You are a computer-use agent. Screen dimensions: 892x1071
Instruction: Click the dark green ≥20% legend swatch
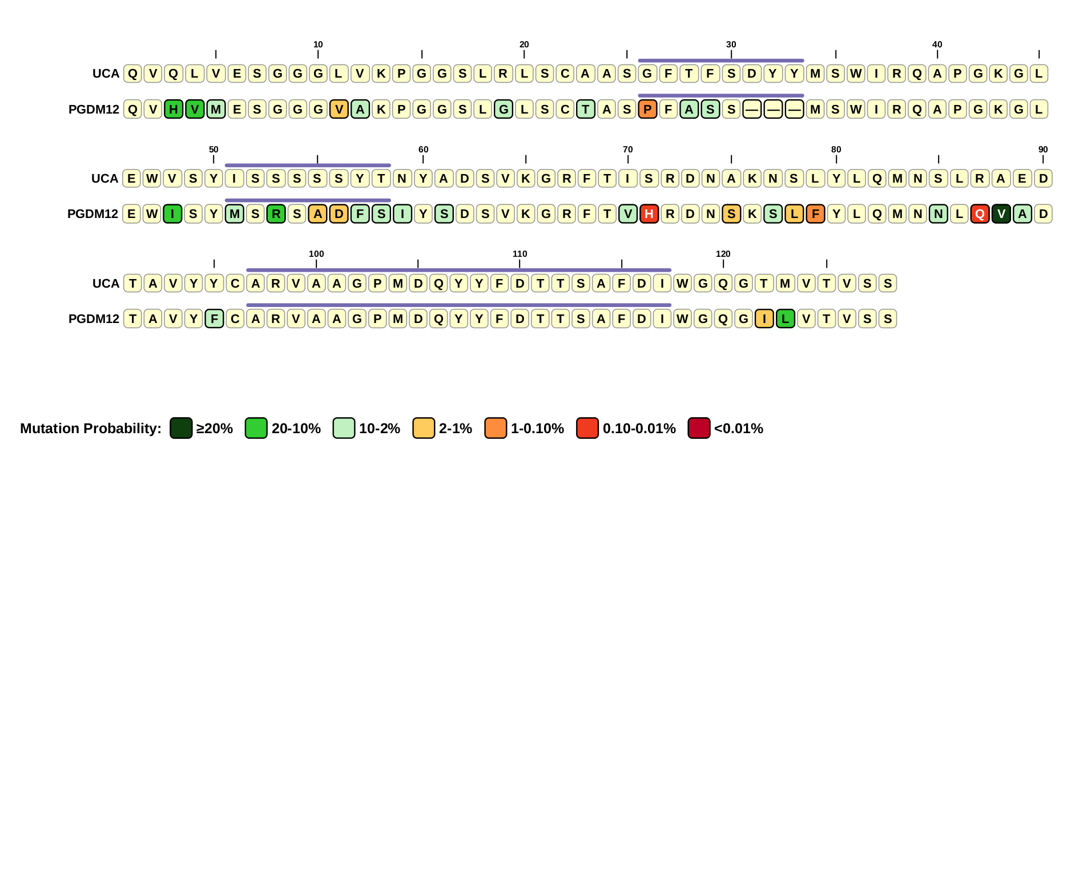181,428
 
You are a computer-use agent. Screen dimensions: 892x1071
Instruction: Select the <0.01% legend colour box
699,428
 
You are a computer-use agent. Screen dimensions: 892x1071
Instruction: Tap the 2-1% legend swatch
424,428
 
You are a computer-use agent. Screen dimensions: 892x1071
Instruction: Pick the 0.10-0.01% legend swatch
587,428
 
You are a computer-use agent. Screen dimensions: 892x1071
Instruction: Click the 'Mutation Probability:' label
91,429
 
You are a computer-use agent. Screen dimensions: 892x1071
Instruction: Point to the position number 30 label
731,45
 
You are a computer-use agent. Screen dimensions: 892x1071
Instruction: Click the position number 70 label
627,150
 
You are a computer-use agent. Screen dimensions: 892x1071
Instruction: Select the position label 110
520,254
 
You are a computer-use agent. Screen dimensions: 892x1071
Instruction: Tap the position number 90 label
1042,150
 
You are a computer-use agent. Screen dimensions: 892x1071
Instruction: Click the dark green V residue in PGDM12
1001,214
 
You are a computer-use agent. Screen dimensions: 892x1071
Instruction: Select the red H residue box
649,214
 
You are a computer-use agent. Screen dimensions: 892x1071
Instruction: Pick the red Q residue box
980,214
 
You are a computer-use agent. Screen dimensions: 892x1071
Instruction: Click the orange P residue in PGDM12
647,109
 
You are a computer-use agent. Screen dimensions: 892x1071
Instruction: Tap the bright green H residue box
174,109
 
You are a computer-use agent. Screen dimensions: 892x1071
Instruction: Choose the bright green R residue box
276,214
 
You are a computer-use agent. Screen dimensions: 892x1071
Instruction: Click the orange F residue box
815,214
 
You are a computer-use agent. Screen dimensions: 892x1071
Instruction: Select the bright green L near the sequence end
785,319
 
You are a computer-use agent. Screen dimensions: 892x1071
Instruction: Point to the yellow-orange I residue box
764,319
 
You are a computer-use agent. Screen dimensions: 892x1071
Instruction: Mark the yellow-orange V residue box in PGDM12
339,109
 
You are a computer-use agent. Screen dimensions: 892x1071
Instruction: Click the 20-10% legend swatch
256,428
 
